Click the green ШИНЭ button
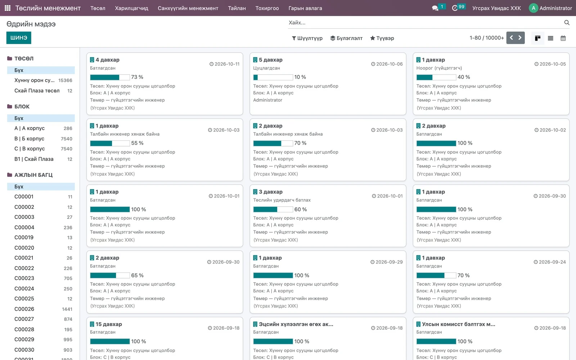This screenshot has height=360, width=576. click(x=19, y=38)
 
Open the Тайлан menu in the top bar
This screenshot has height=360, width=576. click(x=237, y=8)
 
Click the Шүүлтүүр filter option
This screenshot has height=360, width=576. click(x=307, y=38)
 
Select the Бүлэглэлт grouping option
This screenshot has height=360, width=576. click(x=346, y=38)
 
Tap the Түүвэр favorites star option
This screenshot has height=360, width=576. click(x=382, y=38)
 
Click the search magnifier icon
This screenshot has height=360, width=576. click(x=567, y=23)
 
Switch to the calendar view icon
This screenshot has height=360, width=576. click(x=563, y=38)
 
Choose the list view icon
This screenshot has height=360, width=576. click(x=550, y=38)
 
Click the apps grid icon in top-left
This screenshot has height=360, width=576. click(x=8, y=8)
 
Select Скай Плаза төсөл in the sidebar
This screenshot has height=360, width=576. click(x=37, y=91)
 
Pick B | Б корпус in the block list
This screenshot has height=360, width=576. click(x=29, y=139)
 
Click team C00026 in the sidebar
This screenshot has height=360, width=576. click(x=24, y=309)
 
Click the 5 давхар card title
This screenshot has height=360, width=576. click(x=270, y=60)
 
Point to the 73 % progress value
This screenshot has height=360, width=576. click(x=137, y=77)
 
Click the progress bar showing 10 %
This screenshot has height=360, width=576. click(x=273, y=77)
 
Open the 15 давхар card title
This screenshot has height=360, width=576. click(x=108, y=324)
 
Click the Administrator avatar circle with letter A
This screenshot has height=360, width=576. click(x=533, y=8)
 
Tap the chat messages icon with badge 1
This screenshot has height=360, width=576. click(x=435, y=8)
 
